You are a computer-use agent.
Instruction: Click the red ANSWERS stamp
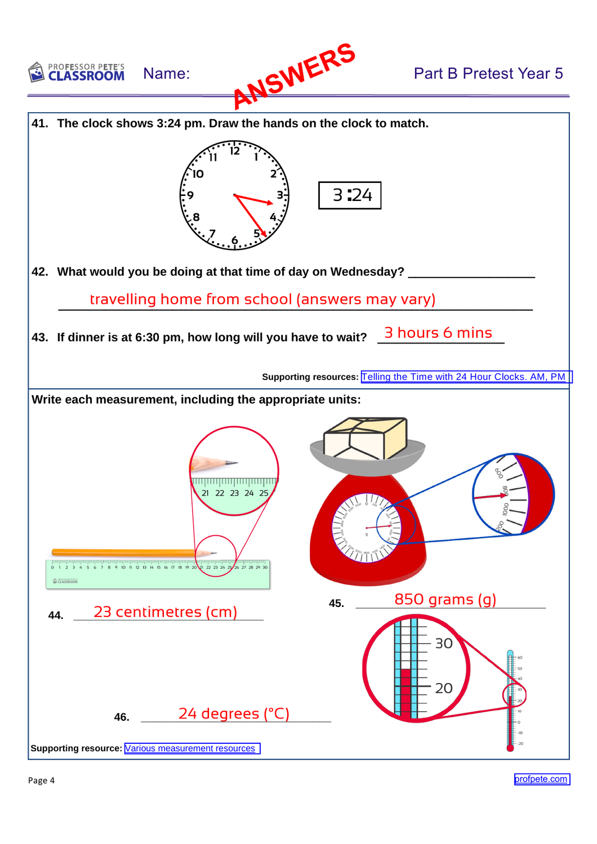(x=294, y=75)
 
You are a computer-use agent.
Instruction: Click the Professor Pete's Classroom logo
(x=77, y=73)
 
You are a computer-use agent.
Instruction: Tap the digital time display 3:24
(x=350, y=195)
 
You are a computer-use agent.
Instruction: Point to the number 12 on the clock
(x=235, y=151)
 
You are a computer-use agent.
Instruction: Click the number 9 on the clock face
(x=190, y=195)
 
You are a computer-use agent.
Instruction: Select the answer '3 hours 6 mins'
(x=438, y=333)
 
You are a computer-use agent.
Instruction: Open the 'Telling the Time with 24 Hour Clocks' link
(x=463, y=377)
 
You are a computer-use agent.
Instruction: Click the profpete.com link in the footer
(x=541, y=779)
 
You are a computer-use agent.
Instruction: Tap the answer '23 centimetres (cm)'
(x=165, y=612)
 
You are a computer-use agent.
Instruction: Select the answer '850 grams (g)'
(x=445, y=599)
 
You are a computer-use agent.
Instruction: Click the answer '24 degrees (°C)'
(x=234, y=714)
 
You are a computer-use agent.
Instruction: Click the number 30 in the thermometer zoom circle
(x=444, y=644)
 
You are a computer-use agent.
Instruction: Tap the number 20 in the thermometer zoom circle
(x=444, y=688)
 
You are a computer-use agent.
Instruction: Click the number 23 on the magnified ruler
(x=234, y=493)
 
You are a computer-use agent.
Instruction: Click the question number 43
(x=39, y=338)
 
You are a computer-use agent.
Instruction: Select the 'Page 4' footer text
(x=41, y=780)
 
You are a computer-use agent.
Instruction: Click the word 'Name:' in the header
(x=166, y=74)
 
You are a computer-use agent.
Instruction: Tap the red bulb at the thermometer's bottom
(x=510, y=748)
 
